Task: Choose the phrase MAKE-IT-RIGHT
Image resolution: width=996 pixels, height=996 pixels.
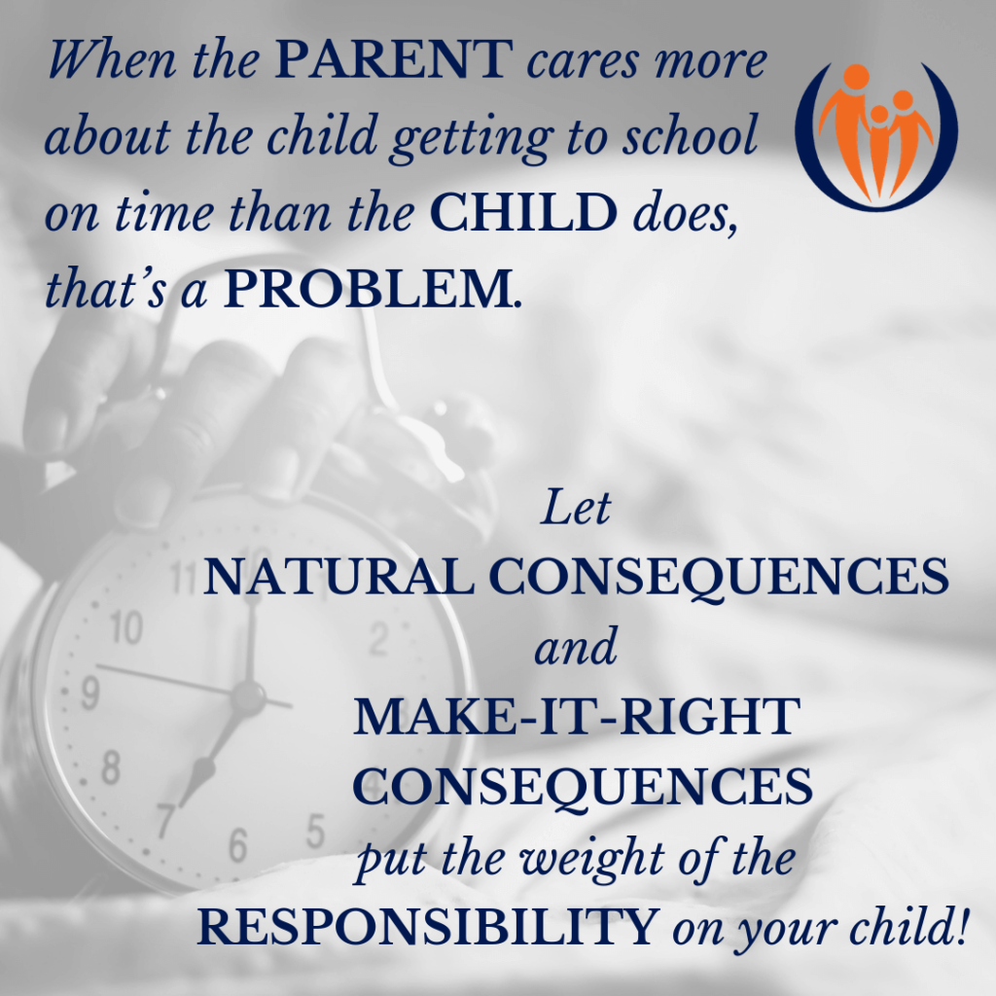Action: [x=576, y=719]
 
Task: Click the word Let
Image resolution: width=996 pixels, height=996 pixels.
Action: [x=576, y=510]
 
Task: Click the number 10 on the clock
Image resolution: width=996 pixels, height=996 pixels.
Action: [x=125, y=630]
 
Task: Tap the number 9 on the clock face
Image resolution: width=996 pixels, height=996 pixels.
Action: [x=89, y=694]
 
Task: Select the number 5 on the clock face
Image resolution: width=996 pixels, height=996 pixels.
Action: [x=314, y=830]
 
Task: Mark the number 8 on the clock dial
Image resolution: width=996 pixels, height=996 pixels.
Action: [x=111, y=767]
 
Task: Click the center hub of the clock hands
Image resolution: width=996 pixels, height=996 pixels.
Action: [x=248, y=695]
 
